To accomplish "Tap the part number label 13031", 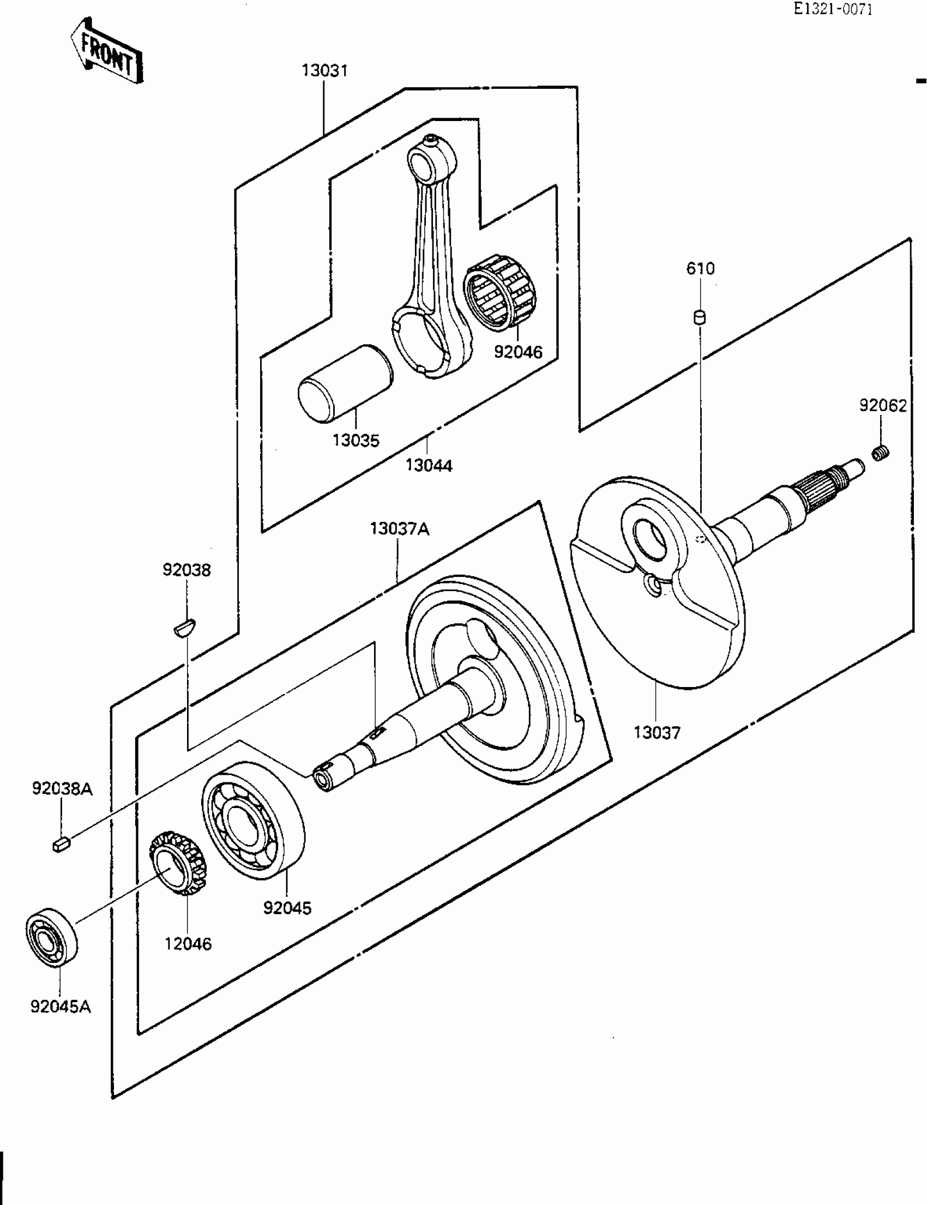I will pos(324,71).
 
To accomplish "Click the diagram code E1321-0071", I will pos(833,9).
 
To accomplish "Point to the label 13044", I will pos(429,466).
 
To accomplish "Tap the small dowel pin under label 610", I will pos(700,318).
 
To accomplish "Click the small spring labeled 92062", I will pos(881,454).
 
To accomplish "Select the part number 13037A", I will pos(400,529).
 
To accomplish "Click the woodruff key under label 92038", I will pos(185,628).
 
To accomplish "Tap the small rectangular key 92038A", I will pos(61,844).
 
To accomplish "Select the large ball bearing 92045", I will pos(252,821).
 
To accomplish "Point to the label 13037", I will pos(657,733).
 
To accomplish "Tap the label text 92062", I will pos(883,406).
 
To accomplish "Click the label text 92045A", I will pos(61,1007).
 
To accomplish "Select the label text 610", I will pos(700,269).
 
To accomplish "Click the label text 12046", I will pos(188,944).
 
